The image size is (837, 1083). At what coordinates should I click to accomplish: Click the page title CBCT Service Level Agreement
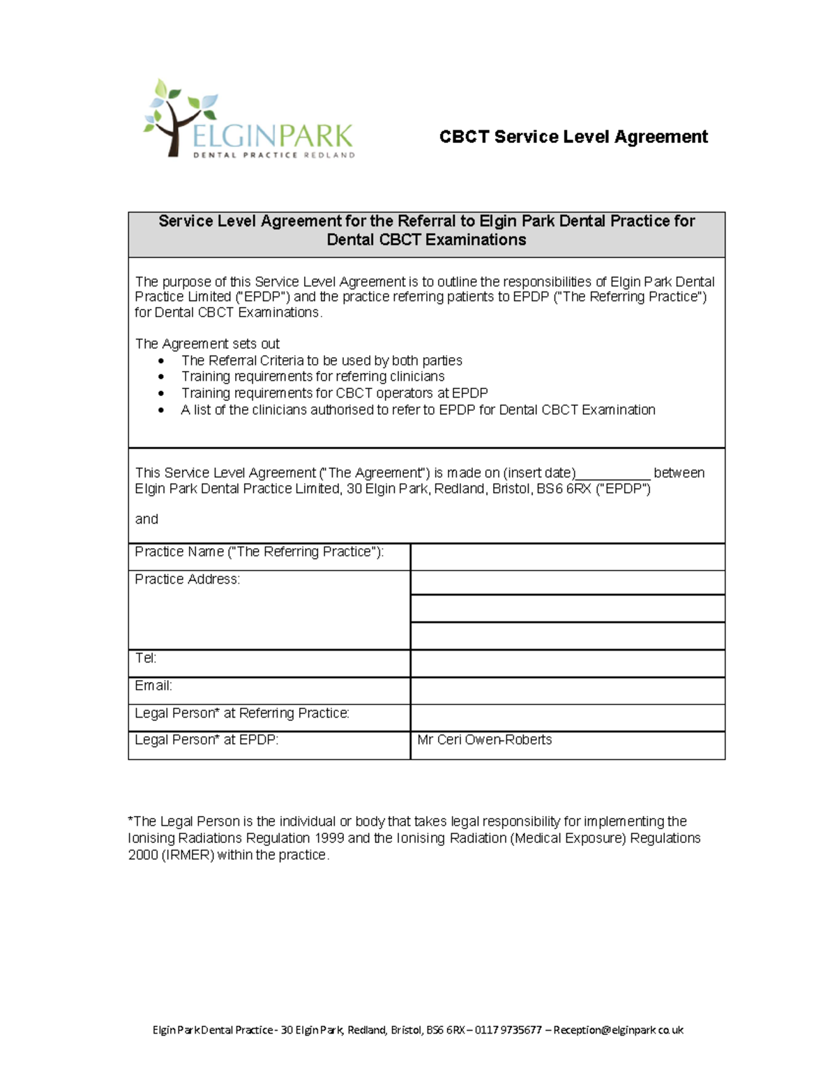pyautogui.click(x=573, y=137)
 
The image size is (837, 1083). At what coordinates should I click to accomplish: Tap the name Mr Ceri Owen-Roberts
pyautogui.click(x=484, y=740)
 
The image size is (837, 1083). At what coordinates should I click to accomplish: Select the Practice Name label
pyautogui.click(x=259, y=552)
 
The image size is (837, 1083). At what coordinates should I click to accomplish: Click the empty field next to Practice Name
pyautogui.click(x=567, y=557)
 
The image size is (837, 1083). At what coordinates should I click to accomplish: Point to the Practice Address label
pyautogui.click(x=187, y=580)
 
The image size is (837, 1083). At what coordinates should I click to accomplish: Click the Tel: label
pyautogui.click(x=145, y=658)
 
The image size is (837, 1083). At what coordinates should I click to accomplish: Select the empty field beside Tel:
pyautogui.click(x=567, y=663)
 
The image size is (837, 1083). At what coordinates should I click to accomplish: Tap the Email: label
pyautogui.click(x=153, y=686)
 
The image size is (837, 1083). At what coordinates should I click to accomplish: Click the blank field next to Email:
pyautogui.click(x=567, y=690)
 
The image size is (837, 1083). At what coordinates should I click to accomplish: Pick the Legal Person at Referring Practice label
pyautogui.click(x=241, y=713)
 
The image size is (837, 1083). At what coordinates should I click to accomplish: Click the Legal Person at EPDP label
pyautogui.click(x=206, y=740)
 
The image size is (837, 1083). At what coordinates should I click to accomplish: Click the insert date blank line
pyautogui.click(x=613, y=474)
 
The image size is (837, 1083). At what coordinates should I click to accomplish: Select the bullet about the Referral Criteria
pyautogui.click(x=321, y=361)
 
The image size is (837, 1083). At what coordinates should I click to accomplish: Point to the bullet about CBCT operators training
pyautogui.click(x=334, y=393)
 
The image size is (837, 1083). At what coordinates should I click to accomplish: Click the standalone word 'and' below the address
pyautogui.click(x=146, y=520)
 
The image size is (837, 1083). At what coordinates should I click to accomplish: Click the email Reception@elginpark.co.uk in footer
pyautogui.click(x=618, y=1030)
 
